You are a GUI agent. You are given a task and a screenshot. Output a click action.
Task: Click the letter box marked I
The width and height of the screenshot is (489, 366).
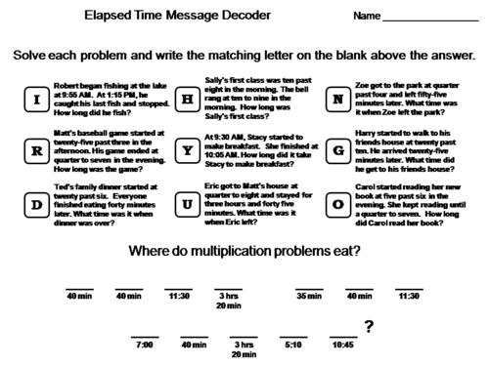coord(36,100)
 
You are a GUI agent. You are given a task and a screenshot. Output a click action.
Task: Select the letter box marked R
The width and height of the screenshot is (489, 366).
coord(36,151)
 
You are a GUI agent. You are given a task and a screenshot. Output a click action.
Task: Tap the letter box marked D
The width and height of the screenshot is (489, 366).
coord(36,204)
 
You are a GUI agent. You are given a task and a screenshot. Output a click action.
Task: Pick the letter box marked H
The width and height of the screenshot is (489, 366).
coord(187,100)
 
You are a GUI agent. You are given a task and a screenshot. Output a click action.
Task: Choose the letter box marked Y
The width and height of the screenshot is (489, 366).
coord(187,151)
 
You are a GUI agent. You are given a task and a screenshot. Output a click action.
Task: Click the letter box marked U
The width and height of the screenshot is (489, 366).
coord(187,204)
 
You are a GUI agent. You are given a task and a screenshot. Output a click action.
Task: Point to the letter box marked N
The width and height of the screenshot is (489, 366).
coord(338,100)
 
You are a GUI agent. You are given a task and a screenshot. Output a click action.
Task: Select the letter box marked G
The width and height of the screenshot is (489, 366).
coord(338,151)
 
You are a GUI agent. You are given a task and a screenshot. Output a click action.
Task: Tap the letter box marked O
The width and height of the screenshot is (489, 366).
coord(338,204)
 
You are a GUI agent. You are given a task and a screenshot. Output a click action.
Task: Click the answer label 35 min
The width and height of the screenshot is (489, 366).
coord(309,296)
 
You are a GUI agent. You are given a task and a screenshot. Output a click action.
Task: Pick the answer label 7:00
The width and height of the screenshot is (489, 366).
coord(145,344)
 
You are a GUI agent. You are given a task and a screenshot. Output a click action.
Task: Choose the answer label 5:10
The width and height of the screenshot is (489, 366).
coord(292,344)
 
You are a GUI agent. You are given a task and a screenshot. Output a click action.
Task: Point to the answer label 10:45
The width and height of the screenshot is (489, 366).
coord(342,344)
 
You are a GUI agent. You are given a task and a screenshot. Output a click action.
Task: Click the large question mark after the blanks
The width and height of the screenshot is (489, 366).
coord(369,328)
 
